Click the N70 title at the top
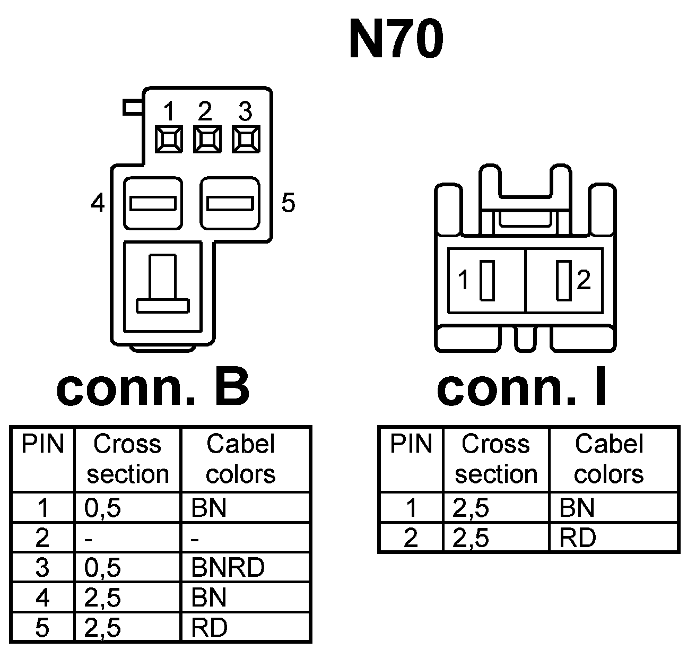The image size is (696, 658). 396,40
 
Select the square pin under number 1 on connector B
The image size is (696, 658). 169,140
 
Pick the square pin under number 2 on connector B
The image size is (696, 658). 207,140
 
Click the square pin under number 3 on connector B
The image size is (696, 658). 245,140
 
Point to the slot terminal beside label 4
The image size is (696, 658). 153,203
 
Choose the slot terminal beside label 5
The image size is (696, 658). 229,203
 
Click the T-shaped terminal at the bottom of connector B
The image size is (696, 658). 162,287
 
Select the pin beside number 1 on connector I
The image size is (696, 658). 486,280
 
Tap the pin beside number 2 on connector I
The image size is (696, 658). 563,280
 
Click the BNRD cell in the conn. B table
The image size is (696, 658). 228,567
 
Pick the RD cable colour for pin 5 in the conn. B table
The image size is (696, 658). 210,628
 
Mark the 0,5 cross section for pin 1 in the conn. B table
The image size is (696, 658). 102,508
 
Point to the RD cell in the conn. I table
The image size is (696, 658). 578,538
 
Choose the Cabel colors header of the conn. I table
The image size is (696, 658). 609,458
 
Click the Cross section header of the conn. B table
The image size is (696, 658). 127,458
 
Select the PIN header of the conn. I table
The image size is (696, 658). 411,444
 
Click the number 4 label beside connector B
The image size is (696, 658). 98,203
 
